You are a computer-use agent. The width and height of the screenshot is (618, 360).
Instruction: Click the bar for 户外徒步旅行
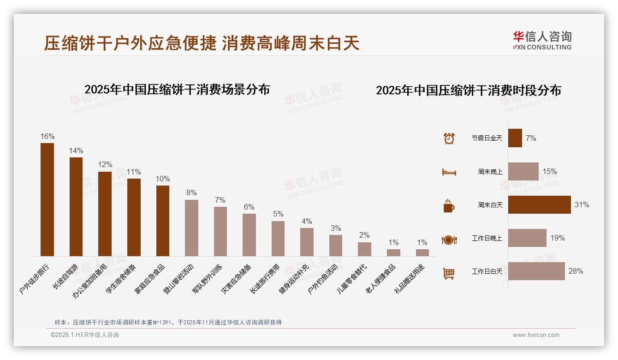point(47,199)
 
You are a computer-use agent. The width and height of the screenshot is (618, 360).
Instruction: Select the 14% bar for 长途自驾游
point(76,207)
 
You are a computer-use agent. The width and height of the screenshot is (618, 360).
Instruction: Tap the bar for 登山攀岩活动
point(191,228)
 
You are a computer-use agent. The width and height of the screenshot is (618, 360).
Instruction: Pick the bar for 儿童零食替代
point(364,249)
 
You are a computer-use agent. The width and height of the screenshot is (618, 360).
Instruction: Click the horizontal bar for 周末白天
point(539,205)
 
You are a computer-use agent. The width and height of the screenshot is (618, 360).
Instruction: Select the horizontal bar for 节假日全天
point(515,138)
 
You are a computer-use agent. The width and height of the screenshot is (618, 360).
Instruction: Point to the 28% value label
point(576,271)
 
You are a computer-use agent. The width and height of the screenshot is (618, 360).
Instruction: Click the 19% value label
point(557,238)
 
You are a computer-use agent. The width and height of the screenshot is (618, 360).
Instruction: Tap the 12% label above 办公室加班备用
point(105,165)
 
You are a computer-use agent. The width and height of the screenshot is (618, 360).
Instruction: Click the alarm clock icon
point(449,138)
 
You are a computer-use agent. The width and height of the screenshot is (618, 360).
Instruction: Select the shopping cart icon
point(449,273)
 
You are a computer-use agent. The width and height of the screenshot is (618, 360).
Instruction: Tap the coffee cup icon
point(449,206)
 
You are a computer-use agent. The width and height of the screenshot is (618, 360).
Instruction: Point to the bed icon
point(449,172)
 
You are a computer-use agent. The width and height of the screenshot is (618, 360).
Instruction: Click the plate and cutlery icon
point(449,240)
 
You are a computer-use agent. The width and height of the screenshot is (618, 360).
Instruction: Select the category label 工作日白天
point(487,271)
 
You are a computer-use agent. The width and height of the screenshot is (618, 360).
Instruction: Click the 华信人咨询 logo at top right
point(542,40)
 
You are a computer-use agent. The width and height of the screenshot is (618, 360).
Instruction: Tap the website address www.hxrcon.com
point(536,335)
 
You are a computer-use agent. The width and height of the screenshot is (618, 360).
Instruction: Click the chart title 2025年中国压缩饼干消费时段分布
point(468,90)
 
